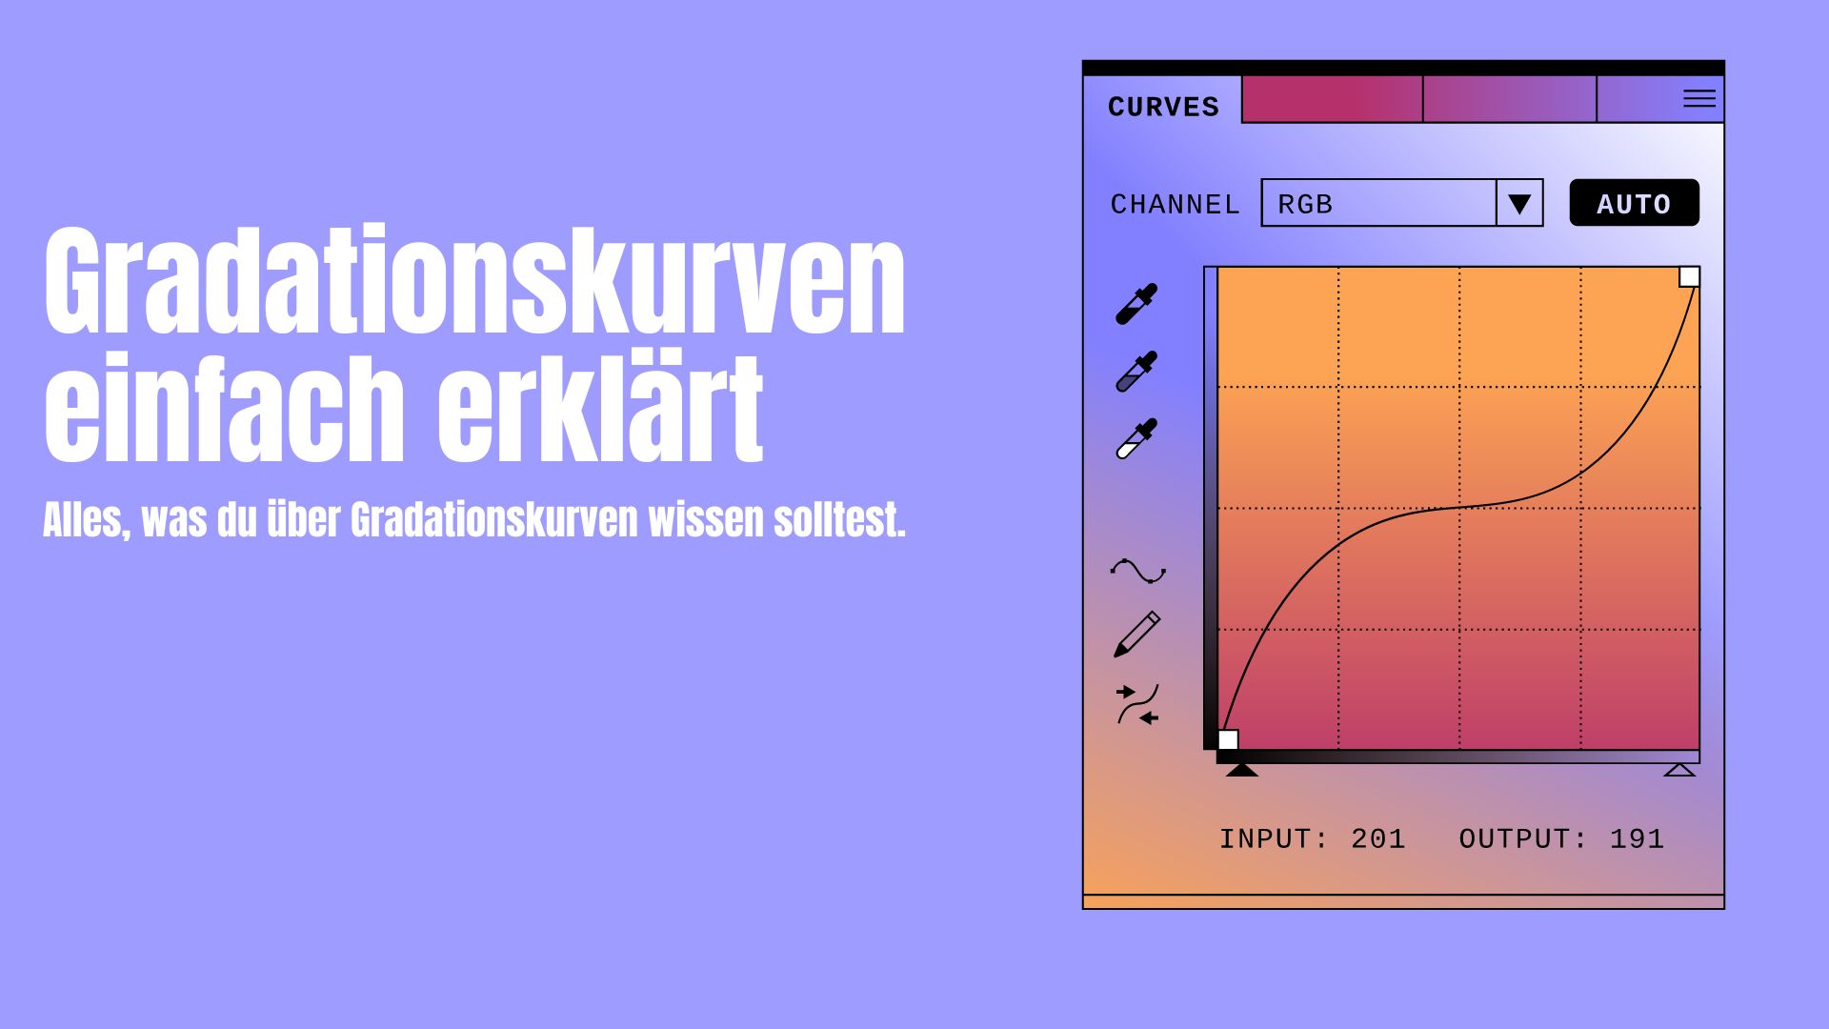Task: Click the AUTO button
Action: click(1634, 203)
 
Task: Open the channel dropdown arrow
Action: click(1519, 204)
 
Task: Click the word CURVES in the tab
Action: click(1163, 107)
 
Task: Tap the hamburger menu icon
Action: click(1698, 98)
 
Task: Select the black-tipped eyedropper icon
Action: click(1136, 304)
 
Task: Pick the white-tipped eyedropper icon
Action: click(1136, 438)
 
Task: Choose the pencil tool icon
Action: click(1136, 635)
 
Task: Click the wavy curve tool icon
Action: click(1137, 571)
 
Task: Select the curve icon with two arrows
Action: click(1137, 704)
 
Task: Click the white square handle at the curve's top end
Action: click(1689, 277)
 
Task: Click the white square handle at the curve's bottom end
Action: click(1229, 739)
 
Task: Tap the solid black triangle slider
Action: click(1241, 770)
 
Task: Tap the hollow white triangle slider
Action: click(1679, 770)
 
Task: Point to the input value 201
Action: click(1377, 839)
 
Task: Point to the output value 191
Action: click(1637, 839)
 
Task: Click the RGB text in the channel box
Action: click(1305, 205)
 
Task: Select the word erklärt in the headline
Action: click(600, 407)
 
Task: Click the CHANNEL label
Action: click(1176, 205)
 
